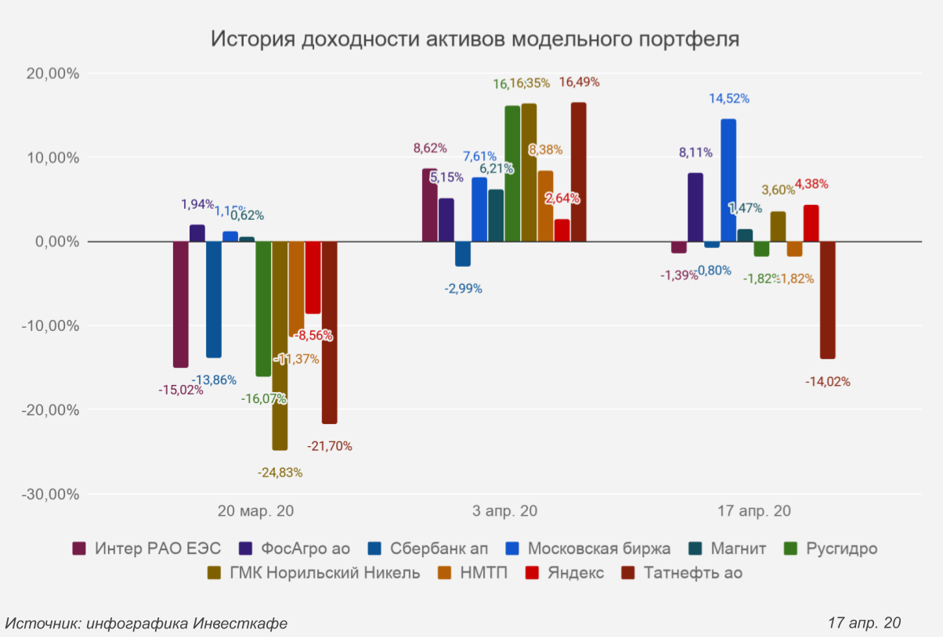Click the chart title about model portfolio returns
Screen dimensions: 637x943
(x=475, y=40)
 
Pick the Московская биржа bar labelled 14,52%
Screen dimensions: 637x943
(x=728, y=181)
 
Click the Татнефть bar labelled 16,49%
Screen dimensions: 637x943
(x=578, y=172)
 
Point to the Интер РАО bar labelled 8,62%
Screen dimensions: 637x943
(x=430, y=205)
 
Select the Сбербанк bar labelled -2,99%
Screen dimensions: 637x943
(x=463, y=254)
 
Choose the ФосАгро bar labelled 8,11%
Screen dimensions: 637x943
(x=696, y=207)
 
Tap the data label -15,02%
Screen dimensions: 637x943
(x=181, y=390)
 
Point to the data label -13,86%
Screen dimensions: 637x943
(x=214, y=380)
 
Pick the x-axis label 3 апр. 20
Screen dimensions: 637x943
(x=504, y=512)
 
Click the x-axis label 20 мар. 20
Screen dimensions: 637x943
(x=255, y=512)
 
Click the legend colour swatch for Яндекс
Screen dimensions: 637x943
(x=533, y=573)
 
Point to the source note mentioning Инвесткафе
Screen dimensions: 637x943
(x=146, y=623)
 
